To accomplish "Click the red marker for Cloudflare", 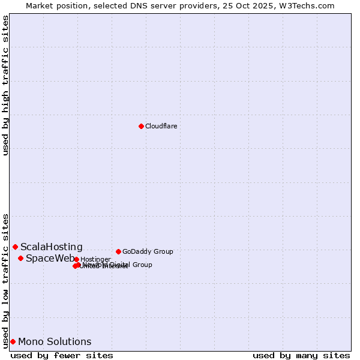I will [x=141, y=126].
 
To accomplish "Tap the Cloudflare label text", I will [x=161, y=126].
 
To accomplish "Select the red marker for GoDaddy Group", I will [x=118, y=251].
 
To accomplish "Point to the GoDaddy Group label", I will [x=148, y=251].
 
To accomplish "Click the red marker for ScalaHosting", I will [x=15, y=247].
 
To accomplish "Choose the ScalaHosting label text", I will [x=52, y=247].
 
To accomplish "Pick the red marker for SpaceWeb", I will [x=20, y=258].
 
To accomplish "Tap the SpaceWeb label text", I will [x=50, y=258].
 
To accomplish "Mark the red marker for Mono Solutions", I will [x=13, y=341].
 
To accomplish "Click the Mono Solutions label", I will [x=55, y=341].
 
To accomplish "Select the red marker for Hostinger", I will [x=76, y=259].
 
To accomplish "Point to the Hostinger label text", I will [x=95, y=259].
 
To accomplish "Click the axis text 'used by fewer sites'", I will [x=62, y=355].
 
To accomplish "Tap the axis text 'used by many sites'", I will [x=301, y=355].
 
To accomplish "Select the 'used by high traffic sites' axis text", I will [x=5, y=86].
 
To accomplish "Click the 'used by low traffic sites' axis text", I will [x=5, y=280].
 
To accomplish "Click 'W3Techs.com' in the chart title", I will [x=310, y=5].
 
